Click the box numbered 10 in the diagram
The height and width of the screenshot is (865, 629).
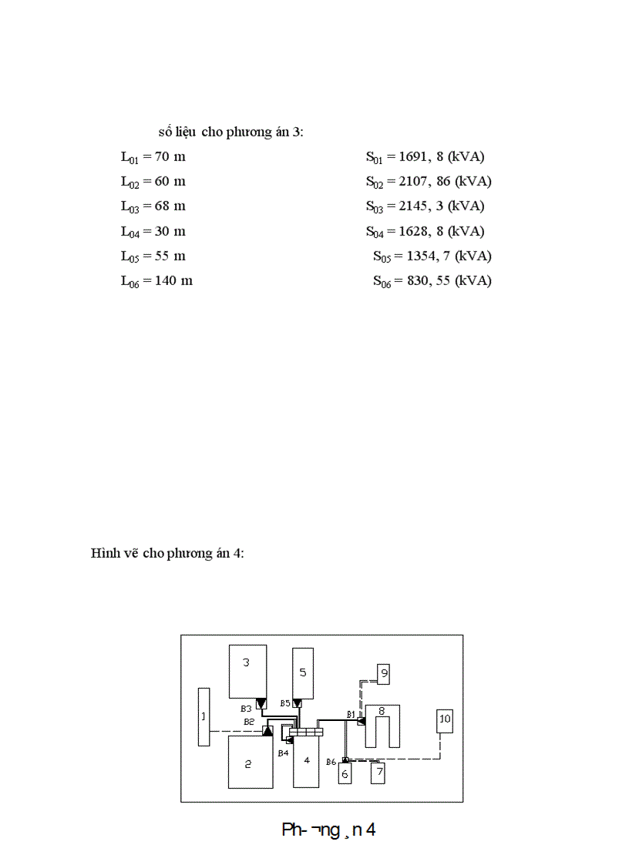(444, 720)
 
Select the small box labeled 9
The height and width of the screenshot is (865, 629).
(384, 674)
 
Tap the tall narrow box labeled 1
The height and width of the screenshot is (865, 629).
(203, 716)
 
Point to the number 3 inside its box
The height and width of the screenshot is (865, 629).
(246, 662)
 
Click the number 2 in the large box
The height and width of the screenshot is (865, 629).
(247, 764)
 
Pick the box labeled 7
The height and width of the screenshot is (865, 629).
(377, 773)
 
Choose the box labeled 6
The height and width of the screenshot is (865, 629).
(345, 773)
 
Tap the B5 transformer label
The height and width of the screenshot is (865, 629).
(284, 703)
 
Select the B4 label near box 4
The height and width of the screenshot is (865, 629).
(283, 753)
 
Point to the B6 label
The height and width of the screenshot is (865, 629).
(331, 762)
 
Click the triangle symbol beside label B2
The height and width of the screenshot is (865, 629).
(267, 730)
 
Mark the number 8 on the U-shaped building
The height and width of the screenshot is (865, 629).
(381, 711)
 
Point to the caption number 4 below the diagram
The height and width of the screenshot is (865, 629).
(370, 830)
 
